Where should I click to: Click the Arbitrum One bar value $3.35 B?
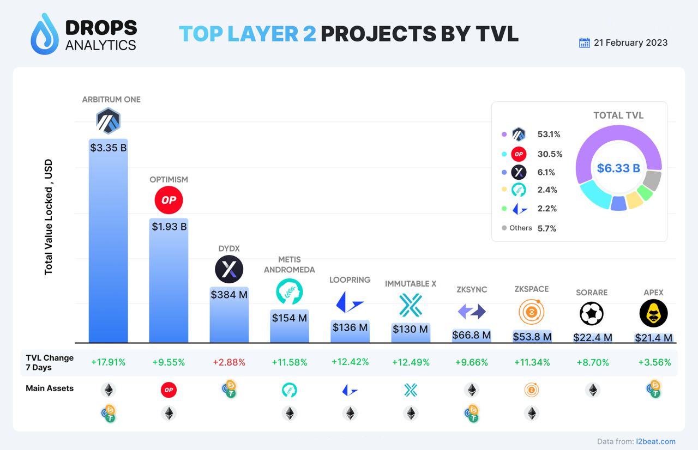click(x=109, y=147)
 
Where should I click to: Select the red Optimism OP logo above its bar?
click(x=169, y=200)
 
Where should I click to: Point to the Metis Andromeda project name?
click(x=289, y=264)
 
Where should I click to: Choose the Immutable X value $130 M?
click(x=411, y=329)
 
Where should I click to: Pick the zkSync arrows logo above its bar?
click(x=471, y=312)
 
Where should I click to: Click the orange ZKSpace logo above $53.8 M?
click(x=532, y=313)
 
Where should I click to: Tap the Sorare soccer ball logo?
click(x=592, y=314)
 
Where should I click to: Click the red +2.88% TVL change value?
click(x=229, y=362)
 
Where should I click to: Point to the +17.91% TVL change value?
click(x=109, y=362)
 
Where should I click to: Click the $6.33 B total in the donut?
click(x=618, y=168)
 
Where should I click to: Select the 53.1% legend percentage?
click(x=549, y=135)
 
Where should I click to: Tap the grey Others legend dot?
click(x=504, y=228)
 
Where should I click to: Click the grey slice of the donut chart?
click(x=652, y=180)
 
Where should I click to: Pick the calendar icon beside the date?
click(x=584, y=42)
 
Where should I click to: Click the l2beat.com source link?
click(x=655, y=441)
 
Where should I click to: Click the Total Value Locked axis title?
click(x=49, y=217)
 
